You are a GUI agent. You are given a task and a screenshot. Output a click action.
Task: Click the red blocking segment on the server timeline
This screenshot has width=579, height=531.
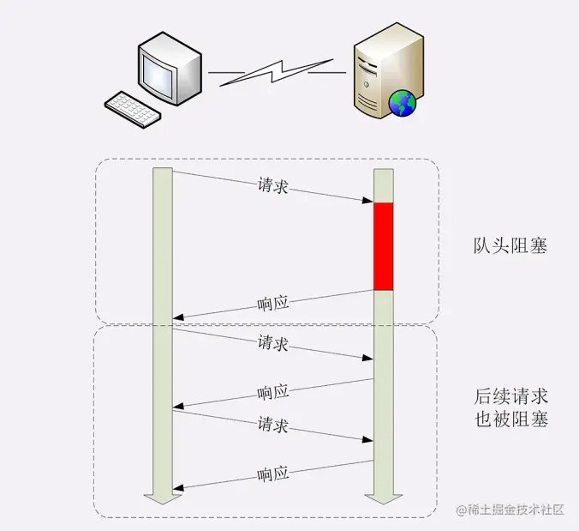383,246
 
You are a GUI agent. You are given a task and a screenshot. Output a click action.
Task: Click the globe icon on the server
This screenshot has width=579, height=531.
402,104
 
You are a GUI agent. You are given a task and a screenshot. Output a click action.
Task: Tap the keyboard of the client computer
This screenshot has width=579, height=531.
133,110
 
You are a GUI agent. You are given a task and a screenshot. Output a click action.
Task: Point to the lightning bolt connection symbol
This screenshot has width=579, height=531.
277,72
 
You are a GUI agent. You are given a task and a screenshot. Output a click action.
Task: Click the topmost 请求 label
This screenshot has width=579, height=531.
272,186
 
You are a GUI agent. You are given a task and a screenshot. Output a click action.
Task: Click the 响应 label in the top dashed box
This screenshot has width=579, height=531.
273,303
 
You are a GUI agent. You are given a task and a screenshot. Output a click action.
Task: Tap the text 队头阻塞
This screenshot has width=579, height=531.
510,246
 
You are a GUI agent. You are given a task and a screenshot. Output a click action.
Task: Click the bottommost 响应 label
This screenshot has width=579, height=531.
273,474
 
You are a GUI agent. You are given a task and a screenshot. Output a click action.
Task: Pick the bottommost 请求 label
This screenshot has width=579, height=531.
272,425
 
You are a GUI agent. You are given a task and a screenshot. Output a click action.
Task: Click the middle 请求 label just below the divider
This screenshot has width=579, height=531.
272,343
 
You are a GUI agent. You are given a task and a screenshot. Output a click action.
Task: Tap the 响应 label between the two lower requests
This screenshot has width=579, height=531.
273,392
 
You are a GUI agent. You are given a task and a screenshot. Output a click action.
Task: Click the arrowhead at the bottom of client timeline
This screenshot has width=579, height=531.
162,498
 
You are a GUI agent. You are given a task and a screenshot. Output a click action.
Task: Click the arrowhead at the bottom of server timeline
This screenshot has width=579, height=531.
383,498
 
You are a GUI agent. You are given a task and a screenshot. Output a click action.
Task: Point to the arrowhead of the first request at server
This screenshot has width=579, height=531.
369,202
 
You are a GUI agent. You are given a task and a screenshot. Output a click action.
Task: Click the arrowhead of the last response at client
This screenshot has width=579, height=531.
177,487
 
